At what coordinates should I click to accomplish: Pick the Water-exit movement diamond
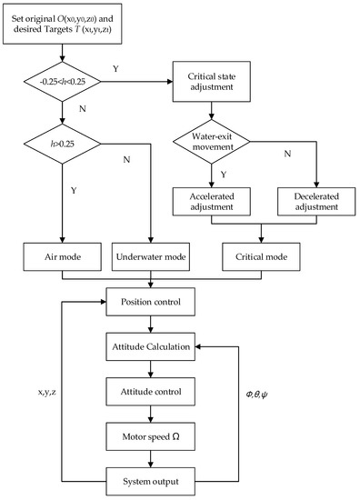tap(212, 147)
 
